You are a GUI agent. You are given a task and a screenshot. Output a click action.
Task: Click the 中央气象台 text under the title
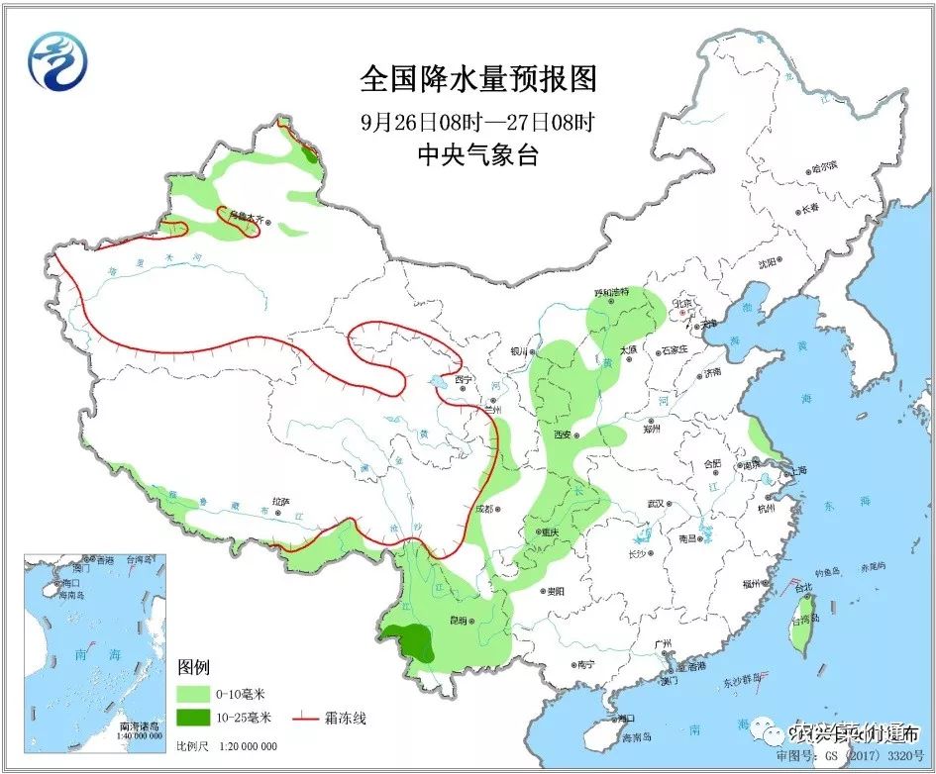478,154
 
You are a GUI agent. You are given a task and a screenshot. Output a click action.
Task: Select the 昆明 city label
457,621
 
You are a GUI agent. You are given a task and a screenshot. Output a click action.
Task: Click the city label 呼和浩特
612,293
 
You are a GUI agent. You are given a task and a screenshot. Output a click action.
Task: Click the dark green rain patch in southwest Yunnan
410,640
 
